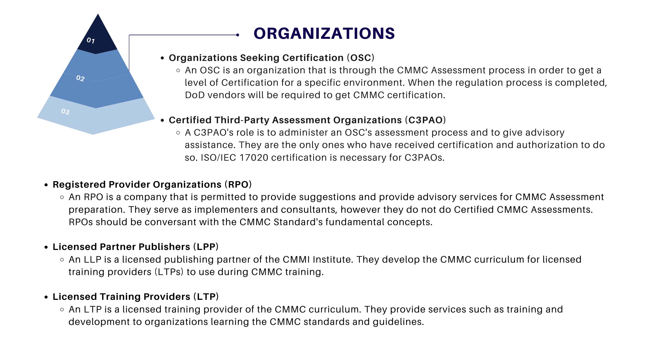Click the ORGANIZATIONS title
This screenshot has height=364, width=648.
[x=324, y=33]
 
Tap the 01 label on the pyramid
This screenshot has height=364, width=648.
[x=91, y=40]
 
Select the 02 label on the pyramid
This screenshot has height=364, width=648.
[x=80, y=78]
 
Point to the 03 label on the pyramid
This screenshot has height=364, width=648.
[x=65, y=111]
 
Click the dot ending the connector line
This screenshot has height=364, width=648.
[x=238, y=35]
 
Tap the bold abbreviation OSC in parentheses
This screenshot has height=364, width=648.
[x=360, y=58]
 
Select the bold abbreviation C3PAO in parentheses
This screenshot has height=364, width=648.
[x=425, y=120]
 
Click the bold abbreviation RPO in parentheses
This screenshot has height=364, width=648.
[x=238, y=184]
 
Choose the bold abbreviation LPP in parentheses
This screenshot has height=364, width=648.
[x=206, y=247]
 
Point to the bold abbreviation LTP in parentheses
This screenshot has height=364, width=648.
[x=206, y=297]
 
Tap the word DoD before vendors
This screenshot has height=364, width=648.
[x=195, y=95]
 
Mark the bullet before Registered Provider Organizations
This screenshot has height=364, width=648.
[x=46, y=185]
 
